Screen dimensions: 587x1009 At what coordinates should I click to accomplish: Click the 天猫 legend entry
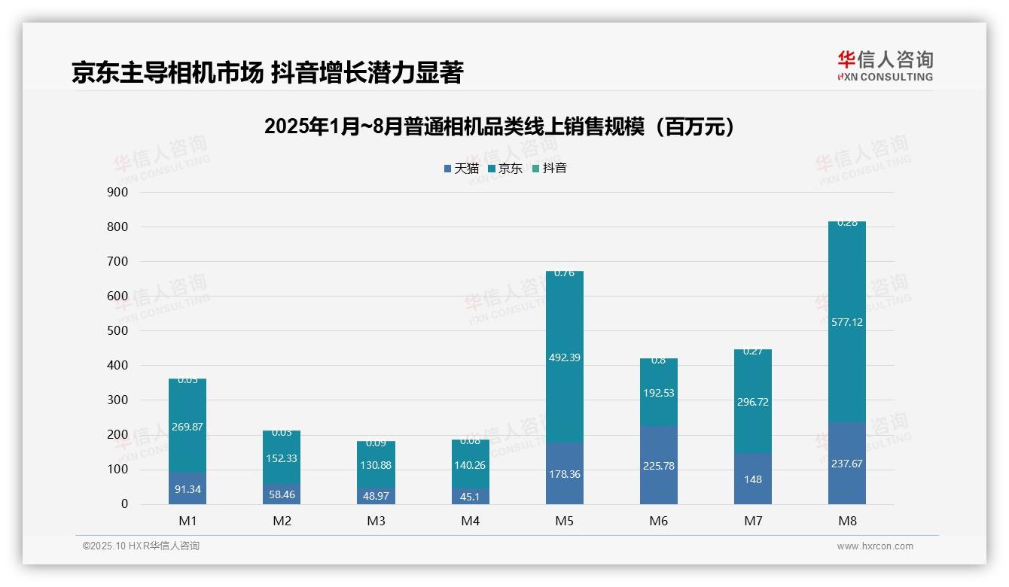pos(461,169)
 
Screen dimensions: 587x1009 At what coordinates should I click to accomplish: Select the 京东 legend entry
pos(504,169)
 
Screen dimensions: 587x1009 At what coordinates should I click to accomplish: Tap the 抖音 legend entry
pos(549,169)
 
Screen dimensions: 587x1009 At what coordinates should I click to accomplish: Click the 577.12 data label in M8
pos(847,322)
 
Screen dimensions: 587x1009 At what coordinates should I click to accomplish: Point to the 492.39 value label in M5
pos(565,357)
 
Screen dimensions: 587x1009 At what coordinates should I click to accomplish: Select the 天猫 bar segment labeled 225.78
pos(659,466)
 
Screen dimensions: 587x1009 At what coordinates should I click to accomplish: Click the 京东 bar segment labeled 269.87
pos(187,427)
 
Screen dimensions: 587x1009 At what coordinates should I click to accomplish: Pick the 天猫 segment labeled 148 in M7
pos(753,479)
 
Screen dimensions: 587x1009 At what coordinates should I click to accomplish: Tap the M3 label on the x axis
pos(376,521)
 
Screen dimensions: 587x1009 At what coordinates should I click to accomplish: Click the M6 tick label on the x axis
pos(659,521)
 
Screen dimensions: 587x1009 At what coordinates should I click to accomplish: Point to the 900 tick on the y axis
pos(117,193)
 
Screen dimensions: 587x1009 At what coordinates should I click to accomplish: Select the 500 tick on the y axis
pos(117,331)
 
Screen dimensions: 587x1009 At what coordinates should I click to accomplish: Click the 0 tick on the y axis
pos(123,504)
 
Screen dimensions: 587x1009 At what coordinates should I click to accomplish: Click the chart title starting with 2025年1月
pos(499,126)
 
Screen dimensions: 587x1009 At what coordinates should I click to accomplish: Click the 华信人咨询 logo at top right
pos(885,65)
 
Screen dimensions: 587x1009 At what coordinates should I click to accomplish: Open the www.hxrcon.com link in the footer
pos(875,546)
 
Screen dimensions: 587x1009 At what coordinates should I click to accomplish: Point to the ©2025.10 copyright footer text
pos(141,546)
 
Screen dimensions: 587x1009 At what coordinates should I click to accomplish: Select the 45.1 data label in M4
pos(471,496)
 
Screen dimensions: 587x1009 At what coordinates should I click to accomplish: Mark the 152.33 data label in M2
pos(282,458)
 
